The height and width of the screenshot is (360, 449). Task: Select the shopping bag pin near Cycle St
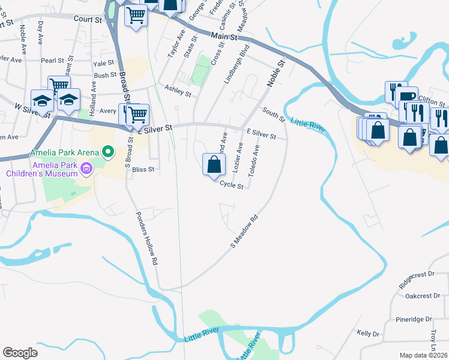coord(214,164)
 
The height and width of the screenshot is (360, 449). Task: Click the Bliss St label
coord(143,170)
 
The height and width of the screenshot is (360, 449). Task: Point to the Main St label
coord(224,37)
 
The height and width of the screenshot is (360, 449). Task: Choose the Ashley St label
coord(178,91)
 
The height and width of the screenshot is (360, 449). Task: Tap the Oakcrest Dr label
coord(419,296)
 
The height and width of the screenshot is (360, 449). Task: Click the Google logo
coord(20,352)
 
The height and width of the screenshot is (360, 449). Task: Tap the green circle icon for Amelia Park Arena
coord(109,152)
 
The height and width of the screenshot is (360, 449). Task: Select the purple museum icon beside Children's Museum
coord(86,169)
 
